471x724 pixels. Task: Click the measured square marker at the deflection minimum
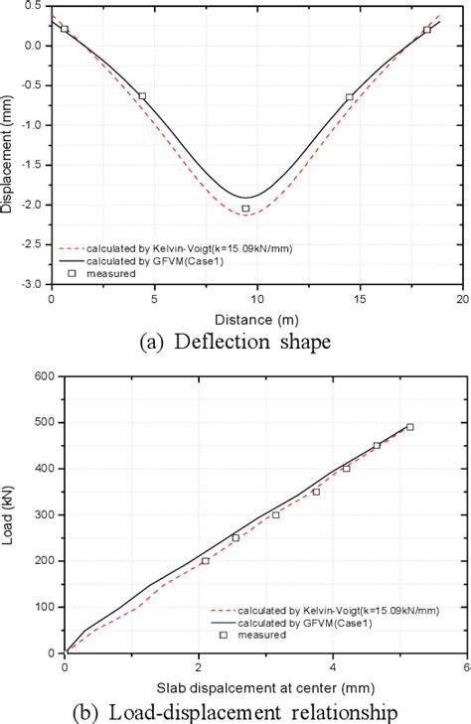point(245,209)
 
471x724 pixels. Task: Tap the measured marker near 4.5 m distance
point(142,96)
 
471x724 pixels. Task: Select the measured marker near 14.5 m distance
point(349,97)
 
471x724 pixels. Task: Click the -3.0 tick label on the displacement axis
point(33,284)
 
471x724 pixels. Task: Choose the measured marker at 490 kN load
point(409,427)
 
